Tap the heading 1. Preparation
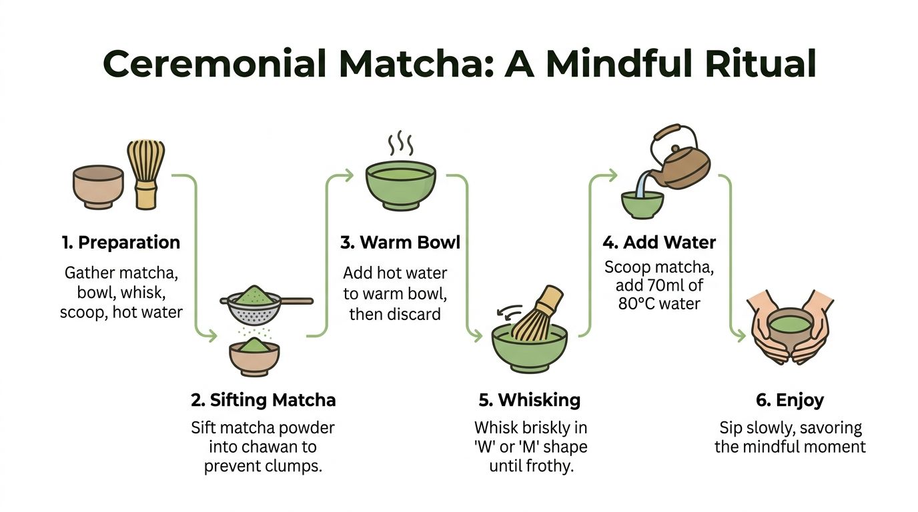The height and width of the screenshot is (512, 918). pyautogui.click(x=121, y=243)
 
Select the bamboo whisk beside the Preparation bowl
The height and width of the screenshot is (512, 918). pyautogui.click(x=145, y=175)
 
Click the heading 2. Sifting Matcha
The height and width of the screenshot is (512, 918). pyautogui.click(x=263, y=400)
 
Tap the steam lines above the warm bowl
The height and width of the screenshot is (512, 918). pyautogui.click(x=400, y=143)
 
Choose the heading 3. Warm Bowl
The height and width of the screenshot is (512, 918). pyautogui.click(x=400, y=243)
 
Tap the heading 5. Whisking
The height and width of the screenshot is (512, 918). pyautogui.click(x=530, y=400)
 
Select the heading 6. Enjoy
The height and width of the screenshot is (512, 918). pyautogui.click(x=790, y=400)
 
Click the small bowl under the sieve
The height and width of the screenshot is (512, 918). pyautogui.click(x=254, y=357)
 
